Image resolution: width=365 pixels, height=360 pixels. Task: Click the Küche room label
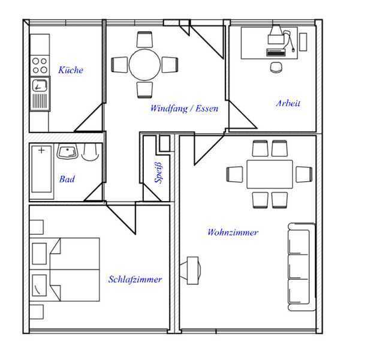71,70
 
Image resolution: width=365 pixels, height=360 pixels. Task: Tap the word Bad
67,179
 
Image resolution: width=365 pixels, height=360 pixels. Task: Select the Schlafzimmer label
135,279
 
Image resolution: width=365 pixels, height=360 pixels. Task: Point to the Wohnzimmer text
233,232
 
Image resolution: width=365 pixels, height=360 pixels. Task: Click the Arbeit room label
288,103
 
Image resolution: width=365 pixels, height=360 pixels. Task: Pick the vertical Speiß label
158,172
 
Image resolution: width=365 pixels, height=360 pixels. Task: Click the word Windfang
169,109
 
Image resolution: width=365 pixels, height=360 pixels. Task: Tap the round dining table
144,65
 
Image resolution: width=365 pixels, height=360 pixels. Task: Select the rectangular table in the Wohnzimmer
270,174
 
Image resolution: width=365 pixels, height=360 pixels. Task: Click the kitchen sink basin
40,86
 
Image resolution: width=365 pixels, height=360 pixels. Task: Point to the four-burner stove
40,65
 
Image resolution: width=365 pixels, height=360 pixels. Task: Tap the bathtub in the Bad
41,169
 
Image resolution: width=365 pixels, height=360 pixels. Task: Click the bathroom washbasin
67,151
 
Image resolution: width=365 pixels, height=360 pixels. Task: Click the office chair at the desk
276,67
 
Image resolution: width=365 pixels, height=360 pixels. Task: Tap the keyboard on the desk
276,52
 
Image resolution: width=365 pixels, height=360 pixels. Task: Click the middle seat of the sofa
298,266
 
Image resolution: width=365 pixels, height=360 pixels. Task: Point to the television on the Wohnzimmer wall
191,271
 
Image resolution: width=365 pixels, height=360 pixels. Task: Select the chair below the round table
144,90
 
